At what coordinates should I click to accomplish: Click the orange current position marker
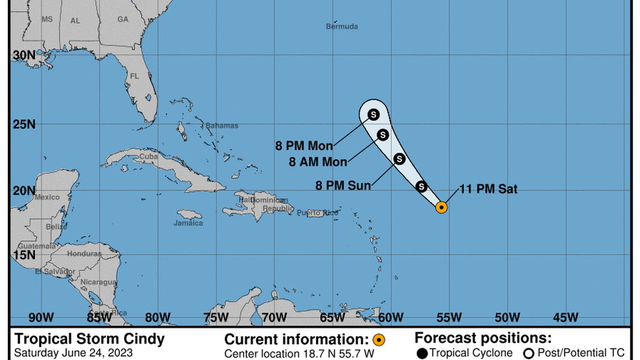(442, 207)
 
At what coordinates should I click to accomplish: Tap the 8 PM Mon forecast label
(304, 146)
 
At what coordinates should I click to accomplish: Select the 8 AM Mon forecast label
(318, 162)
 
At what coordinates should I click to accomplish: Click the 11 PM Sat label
(488, 190)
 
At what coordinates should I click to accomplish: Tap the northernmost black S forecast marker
(373, 115)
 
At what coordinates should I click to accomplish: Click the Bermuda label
(342, 26)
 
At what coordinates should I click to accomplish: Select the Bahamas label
(222, 126)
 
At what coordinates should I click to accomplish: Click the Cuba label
(148, 157)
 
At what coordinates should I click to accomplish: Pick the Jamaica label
(188, 223)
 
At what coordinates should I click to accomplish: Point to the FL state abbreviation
(134, 76)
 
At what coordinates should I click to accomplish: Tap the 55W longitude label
(449, 318)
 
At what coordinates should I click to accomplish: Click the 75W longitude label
(216, 318)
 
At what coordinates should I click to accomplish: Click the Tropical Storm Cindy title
(90, 339)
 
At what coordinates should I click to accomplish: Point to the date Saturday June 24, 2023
(74, 353)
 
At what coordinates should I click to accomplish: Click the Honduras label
(84, 254)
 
